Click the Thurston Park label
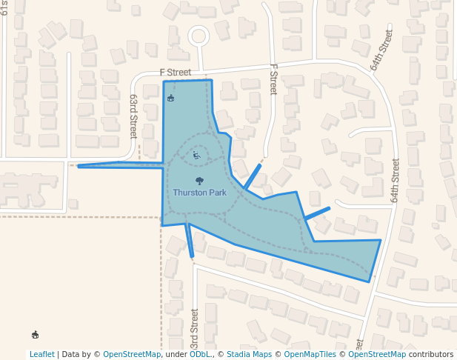coord(199,193)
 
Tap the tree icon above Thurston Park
coord(199,181)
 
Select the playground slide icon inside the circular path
coord(196,155)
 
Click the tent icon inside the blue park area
coord(171,98)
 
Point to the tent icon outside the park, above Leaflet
coord(35,335)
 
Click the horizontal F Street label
coord(176,73)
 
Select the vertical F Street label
coord(273,79)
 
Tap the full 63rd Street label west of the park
coord(134,116)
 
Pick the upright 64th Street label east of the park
coord(395,181)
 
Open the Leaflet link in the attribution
coord(41,354)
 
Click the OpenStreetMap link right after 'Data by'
coord(131,354)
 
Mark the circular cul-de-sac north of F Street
coord(199,35)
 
